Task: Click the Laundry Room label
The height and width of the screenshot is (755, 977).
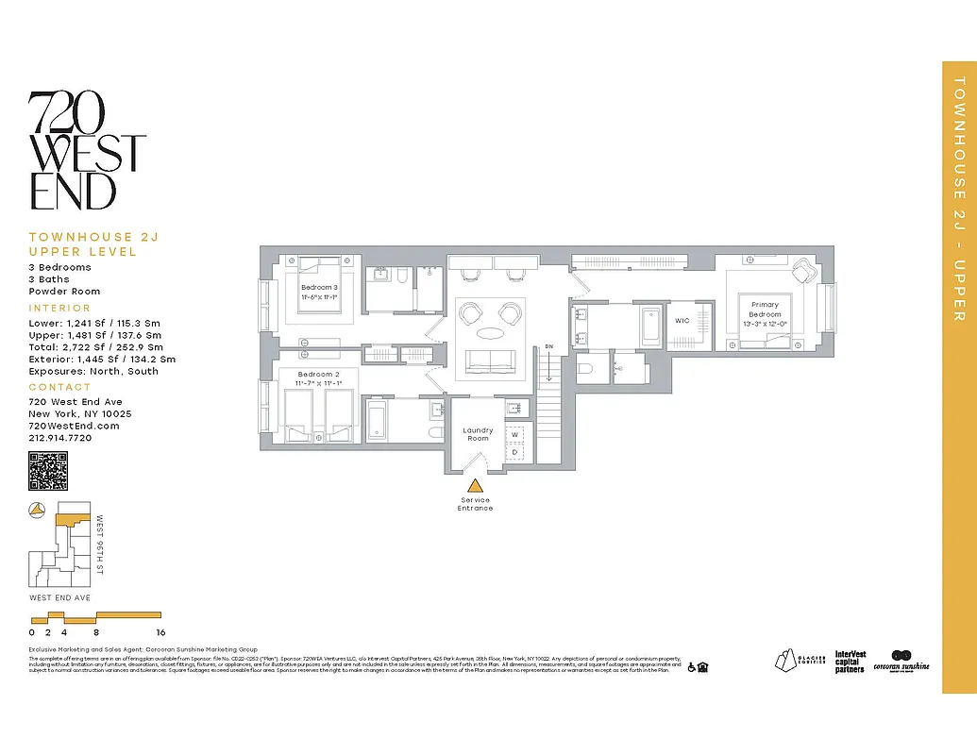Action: click(478, 434)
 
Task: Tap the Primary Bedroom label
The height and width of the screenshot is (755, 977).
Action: click(766, 310)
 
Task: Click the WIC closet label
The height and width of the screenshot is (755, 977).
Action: click(682, 321)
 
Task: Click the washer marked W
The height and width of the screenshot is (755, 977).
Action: click(515, 435)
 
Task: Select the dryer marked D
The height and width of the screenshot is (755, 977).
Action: click(515, 452)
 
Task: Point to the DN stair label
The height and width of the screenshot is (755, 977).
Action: click(548, 347)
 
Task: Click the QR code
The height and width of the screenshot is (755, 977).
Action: click(48, 471)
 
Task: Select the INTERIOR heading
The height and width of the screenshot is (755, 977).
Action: click(60, 308)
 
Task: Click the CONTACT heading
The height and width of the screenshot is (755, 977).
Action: click(59, 387)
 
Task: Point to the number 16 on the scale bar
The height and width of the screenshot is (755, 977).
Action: click(160, 632)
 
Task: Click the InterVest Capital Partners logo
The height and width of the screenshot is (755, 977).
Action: click(850, 662)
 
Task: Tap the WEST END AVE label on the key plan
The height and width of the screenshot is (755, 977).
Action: click(59, 598)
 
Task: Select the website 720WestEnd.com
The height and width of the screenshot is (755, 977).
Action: click(74, 426)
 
